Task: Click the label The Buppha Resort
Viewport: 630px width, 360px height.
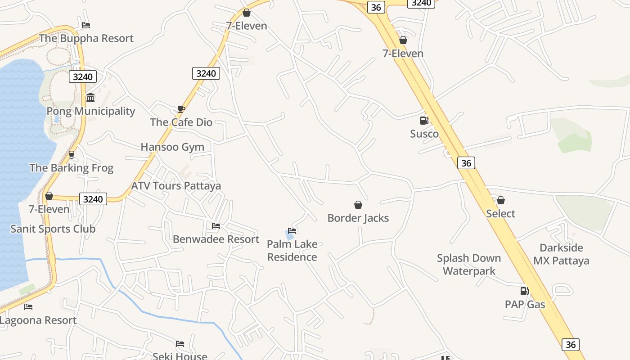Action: [x=86, y=38]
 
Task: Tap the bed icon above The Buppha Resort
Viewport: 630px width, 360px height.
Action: [x=86, y=25]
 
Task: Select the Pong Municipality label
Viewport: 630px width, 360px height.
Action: [x=91, y=111]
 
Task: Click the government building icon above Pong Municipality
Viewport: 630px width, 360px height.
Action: [x=90, y=97]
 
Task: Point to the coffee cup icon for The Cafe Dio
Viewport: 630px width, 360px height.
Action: [x=181, y=109]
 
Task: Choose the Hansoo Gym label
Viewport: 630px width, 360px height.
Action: [x=172, y=147]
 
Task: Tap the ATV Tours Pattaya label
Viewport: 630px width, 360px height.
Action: [x=176, y=186]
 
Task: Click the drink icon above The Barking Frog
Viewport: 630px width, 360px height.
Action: [x=71, y=155]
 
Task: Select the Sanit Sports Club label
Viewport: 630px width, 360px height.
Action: [x=53, y=229]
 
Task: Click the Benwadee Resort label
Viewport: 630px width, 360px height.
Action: [x=216, y=239]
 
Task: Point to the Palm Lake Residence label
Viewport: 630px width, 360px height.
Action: [x=292, y=251]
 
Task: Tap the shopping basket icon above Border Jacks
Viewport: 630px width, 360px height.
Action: [x=358, y=205]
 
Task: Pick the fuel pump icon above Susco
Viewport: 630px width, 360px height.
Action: [x=424, y=121]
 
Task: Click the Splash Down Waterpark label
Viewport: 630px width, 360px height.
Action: [x=469, y=265]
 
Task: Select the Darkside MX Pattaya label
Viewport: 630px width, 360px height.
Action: [x=561, y=254]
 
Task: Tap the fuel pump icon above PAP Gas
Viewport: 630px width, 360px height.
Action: [x=525, y=291]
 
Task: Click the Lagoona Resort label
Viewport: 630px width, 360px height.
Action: [x=38, y=320]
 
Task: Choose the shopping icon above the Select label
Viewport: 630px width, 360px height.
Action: [x=501, y=200]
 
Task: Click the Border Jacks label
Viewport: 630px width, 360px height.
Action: [x=358, y=218]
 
